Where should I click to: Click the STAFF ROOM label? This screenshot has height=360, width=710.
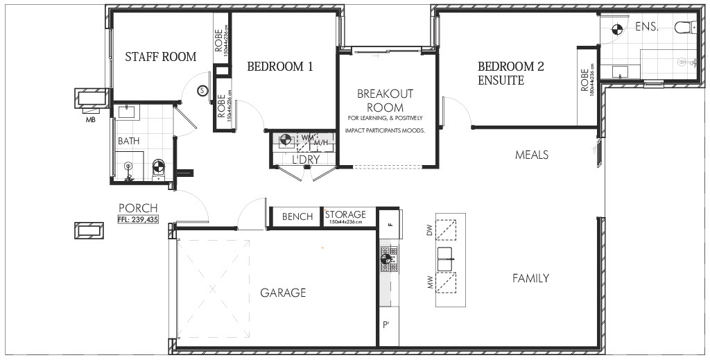pyautogui.click(x=160, y=57)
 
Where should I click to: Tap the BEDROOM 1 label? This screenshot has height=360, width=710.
pyautogui.click(x=280, y=67)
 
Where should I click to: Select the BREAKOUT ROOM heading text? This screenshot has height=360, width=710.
pyautogui.click(x=385, y=101)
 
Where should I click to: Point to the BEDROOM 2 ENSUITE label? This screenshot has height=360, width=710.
pyautogui.click(x=510, y=74)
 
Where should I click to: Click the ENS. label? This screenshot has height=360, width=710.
pyautogui.click(x=646, y=27)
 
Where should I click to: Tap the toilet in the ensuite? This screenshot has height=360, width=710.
pyautogui.click(x=682, y=28)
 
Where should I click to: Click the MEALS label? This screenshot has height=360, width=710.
pyautogui.click(x=531, y=154)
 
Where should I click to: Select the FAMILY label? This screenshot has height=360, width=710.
pyautogui.click(x=530, y=278)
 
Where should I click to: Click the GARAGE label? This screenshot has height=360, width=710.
pyautogui.click(x=283, y=293)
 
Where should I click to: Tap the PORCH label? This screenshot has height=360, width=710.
pyautogui.click(x=138, y=208)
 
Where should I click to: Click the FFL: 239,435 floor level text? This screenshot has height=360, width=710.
pyautogui.click(x=139, y=219)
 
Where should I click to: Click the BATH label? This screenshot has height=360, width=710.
pyautogui.click(x=128, y=141)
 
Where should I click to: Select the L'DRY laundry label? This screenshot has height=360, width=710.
pyautogui.click(x=306, y=160)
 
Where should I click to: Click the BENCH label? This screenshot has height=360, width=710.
pyautogui.click(x=297, y=217)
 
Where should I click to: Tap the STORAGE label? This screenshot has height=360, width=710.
pyautogui.click(x=345, y=214)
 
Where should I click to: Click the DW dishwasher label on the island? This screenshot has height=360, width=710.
pyautogui.click(x=430, y=230)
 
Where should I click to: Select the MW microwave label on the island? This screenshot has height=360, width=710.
pyautogui.click(x=430, y=284)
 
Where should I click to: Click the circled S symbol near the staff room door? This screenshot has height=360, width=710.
pyautogui.click(x=202, y=89)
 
